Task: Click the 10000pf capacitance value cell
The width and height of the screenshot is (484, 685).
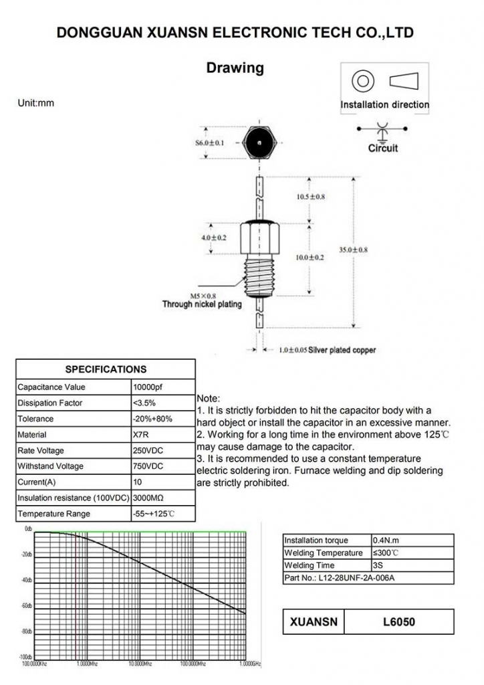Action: pyautogui.click(x=147, y=387)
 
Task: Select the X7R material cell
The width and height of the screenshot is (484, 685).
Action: pyautogui.click(x=142, y=435)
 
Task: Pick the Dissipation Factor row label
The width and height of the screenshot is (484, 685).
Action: pyautogui.click(x=50, y=403)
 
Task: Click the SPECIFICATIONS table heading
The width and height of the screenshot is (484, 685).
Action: pyautogui.click(x=106, y=369)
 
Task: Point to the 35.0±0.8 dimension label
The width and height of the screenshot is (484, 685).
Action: pyautogui.click(x=352, y=250)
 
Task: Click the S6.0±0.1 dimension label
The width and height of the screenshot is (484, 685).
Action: pyautogui.click(x=210, y=142)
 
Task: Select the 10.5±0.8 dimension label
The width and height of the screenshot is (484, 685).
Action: pyautogui.click(x=311, y=197)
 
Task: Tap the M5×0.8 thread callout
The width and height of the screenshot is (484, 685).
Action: pyautogui.click(x=203, y=295)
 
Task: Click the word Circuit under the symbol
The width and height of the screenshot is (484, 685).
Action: pyautogui.click(x=382, y=148)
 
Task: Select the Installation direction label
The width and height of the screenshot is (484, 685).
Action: pyautogui.click(x=384, y=104)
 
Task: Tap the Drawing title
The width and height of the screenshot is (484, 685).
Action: pyautogui.click(x=235, y=68)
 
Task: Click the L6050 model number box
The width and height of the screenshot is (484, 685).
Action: pyautogui.click(x=399, y=621)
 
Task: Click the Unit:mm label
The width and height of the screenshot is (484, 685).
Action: pyautogui.click(x=35, y=104)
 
